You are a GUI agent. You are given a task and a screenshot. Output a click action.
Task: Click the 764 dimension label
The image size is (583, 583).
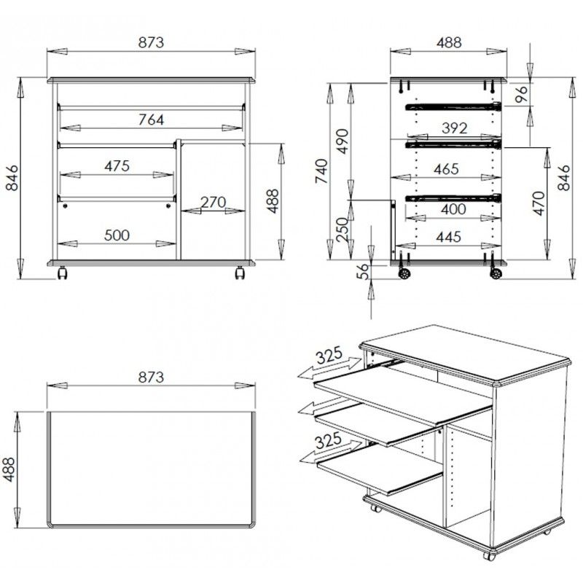pos(151,120)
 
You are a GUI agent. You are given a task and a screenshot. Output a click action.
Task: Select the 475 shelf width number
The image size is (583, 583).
pos(117,166)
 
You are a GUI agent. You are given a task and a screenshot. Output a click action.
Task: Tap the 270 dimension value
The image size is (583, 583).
pos(213,203)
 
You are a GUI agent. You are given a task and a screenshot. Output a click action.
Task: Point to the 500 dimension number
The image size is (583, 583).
pos(117,235)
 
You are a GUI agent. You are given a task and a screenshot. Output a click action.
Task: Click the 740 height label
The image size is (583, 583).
pos(321,171)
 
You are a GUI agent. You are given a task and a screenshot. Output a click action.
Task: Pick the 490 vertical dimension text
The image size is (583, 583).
pos(343,141)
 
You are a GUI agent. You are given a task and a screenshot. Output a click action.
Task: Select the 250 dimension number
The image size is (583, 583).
pos(343,229)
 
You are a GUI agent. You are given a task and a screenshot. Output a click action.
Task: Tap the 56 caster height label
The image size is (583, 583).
pos(363,271)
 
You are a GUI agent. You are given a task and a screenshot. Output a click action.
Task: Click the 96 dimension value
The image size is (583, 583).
pos(523,94)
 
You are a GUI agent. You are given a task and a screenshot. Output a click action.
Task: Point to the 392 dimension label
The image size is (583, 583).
pos(454,128)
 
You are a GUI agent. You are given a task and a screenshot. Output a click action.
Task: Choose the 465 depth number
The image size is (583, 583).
pos(446,169)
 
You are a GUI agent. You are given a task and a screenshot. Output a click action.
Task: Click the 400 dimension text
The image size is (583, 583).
pos(453,209)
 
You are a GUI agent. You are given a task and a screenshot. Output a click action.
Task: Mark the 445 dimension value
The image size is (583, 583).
pos(449,237)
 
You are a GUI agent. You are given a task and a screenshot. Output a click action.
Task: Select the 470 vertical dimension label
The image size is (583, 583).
pos(539,203)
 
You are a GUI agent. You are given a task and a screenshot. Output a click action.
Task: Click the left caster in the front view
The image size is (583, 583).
pos(62,273)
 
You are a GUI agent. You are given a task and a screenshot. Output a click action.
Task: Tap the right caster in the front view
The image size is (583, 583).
pos(240,273)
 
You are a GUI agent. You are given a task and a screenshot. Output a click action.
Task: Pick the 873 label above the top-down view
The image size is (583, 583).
pos(151,377)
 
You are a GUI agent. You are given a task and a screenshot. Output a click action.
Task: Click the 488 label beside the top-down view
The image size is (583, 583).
pos(9,469)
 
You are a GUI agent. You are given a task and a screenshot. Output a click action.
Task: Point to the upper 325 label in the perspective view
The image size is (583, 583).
pos(329,355)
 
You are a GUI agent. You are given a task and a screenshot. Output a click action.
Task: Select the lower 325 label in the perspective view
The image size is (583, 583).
pos(328,441)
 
